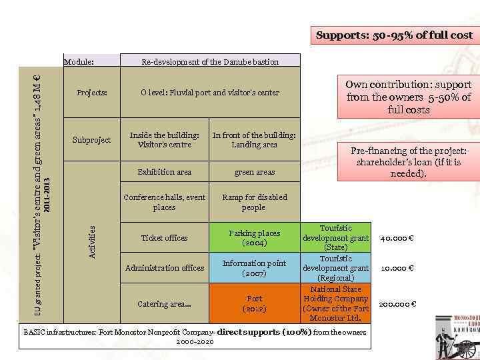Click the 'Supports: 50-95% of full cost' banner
tap(394, 35)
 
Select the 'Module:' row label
tap(79, 62)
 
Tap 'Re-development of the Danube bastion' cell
tap(210, 62)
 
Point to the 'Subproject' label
tap(92, 140)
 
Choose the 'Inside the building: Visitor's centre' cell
tap(165, 140)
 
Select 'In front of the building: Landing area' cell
tap(254, 140)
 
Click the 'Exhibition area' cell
tap(165, 172)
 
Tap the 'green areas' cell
tap(254, 172)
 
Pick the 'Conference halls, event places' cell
tap(165, 202)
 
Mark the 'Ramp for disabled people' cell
tap(254, 202)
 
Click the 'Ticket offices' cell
tap(165, 238)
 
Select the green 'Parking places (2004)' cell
tap(254, 238)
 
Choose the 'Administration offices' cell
tap(165, 268)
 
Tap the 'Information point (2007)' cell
tap(254, 268)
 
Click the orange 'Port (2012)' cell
tap(254, 304)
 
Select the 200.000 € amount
tap(397, 305)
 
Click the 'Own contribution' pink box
tap(408, 97)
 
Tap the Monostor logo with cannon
tap(456, 337)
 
